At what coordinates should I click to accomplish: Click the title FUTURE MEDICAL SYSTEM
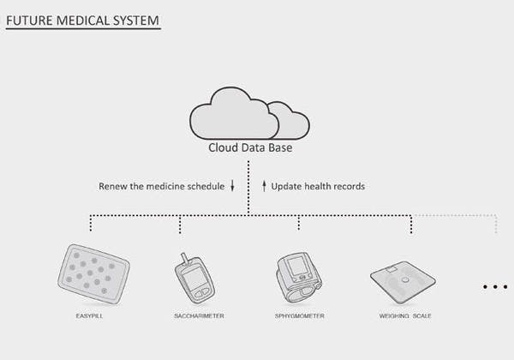82,21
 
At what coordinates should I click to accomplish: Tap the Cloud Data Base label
250,147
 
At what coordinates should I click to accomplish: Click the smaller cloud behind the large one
290,120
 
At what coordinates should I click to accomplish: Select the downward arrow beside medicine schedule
232,185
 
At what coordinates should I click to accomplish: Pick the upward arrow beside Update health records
264,186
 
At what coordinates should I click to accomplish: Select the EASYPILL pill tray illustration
93,274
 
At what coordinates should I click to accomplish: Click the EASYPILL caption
89,316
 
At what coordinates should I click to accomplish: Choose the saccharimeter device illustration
194,279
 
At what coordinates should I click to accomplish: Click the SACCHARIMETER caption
199,316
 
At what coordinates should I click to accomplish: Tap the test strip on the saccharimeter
185,259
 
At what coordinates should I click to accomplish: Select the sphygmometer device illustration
299,278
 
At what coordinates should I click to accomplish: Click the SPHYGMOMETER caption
300,316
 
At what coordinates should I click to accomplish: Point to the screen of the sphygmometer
296,266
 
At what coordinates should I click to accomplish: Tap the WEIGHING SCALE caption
405,316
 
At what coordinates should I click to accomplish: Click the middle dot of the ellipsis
495,287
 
